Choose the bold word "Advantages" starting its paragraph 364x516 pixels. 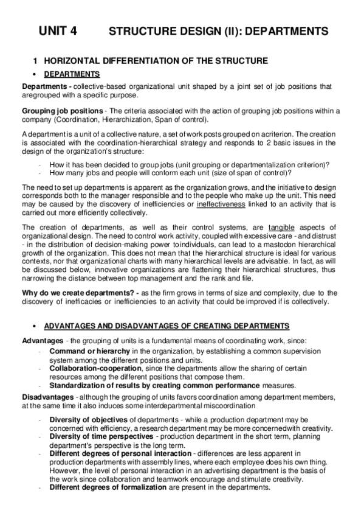(x=42, y=339)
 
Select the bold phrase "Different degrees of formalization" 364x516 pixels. (x=108, y=488)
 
